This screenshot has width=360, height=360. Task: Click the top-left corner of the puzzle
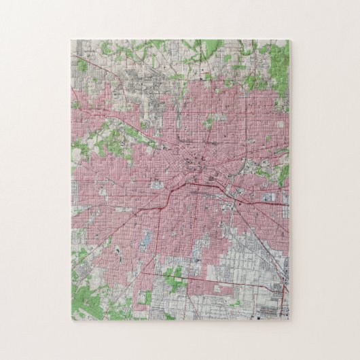pos(71,40)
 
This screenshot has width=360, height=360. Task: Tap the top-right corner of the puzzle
pos(289,40)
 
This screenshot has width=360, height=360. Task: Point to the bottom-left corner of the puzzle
pos(71,320)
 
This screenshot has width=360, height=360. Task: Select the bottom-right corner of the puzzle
pos(289,320)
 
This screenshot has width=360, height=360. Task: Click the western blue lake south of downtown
pos(144,238)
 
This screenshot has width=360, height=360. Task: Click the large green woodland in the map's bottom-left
pos(85,295)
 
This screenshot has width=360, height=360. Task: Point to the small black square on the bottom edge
pos(263,317)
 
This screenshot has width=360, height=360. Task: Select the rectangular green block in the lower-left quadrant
pos(144,297)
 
